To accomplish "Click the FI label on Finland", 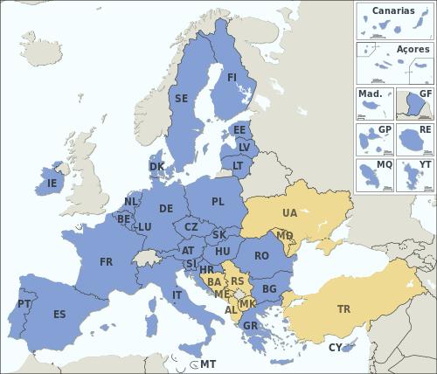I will pos(232,77).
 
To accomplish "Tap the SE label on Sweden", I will pos(181,99).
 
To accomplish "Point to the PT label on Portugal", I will pos(24,305).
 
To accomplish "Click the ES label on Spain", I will pos(59,315).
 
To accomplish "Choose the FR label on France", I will pos(106,262).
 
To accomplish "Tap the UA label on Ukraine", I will pos(289,213).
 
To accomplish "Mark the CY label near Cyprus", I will pos(335,348).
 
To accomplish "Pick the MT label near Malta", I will pos(207,364).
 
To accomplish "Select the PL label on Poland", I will pos(218,202).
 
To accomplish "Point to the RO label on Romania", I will pos(261,256).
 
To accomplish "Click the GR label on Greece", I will pos(250,326).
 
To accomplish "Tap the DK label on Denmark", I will pos(156,166).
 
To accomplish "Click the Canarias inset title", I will pos(393,10).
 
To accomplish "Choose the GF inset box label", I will pos(425,93).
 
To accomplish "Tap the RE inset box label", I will pos(425,128).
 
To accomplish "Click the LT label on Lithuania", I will pos(238,164).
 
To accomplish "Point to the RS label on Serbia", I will pos(237,280).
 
